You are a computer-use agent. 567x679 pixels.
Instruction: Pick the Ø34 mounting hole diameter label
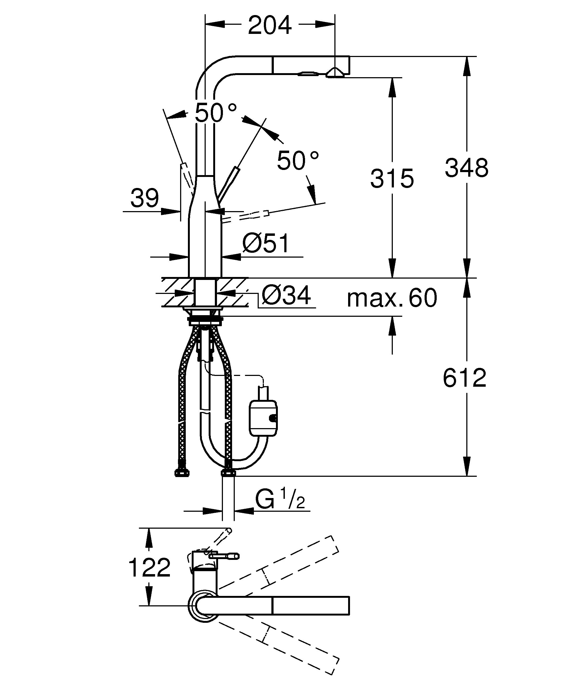pos(286,295)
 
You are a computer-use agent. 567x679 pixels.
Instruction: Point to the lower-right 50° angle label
pos(298,160)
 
